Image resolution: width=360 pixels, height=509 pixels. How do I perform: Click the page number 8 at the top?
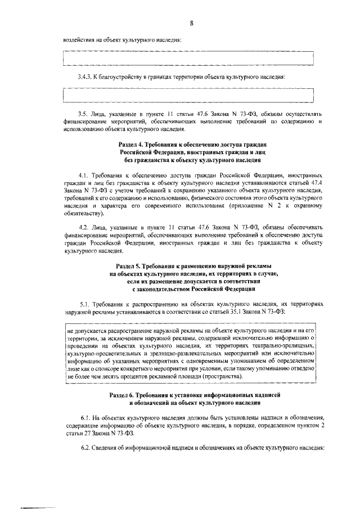point(191,22)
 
